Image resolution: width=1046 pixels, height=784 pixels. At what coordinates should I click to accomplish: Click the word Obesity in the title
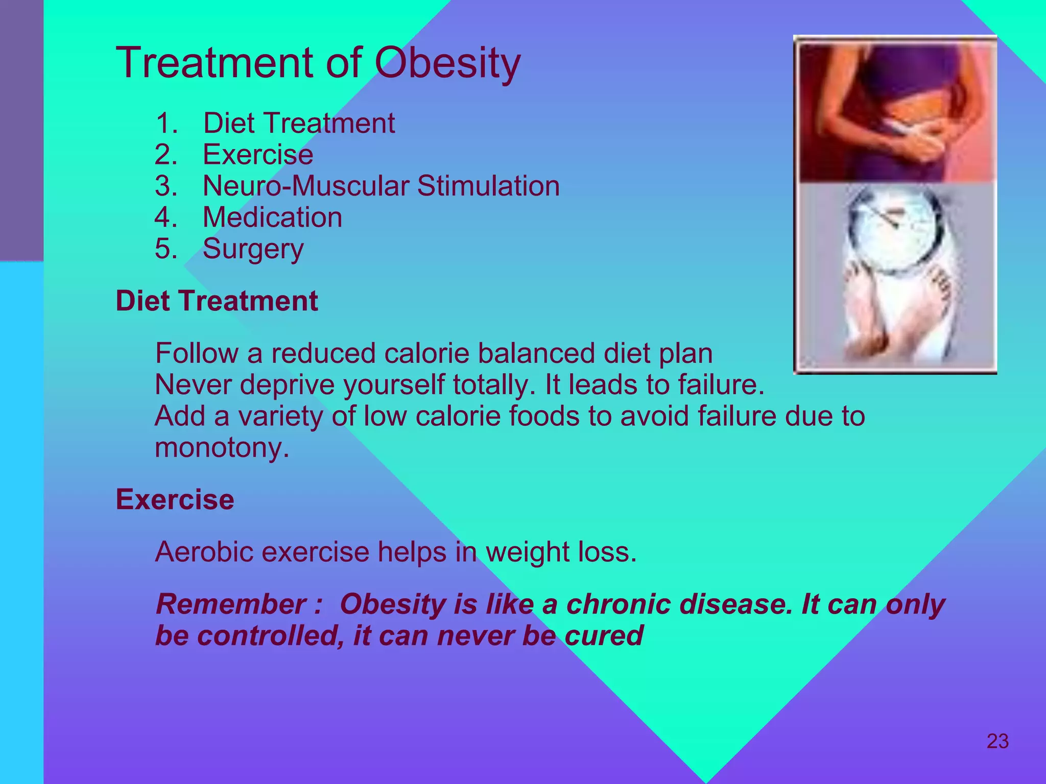pyautogui.click(x=447, y=63)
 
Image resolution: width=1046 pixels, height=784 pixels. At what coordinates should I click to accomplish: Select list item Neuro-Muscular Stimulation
pyautogui.click(x=381, y=186)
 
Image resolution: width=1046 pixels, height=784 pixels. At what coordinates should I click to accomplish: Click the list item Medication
pyautogui.click(x=272, y=217)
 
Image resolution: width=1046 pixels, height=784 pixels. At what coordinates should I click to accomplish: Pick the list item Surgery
pyautogui.click(x=253, y=249)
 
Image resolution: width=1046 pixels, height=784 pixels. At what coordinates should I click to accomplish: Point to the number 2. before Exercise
pyautogui.click(x=165, y=155)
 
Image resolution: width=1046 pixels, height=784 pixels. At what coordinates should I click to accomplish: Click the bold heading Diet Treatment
pyautogui.click(x=217, y=301)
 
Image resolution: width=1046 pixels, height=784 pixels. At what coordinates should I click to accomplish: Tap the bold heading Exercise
pyautogui.click(x=175, y=499)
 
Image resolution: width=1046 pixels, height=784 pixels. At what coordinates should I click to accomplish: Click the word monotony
pyautogui.click(x=222, y=448)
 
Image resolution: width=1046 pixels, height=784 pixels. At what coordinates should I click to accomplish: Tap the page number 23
pyautogui.click(x=997, y=741)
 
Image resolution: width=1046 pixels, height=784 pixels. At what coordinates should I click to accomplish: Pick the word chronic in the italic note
pyautogui.click(x=618, y=604)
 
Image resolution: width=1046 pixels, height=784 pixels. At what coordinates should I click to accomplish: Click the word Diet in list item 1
pyautogui.click(x=229, y=123)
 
